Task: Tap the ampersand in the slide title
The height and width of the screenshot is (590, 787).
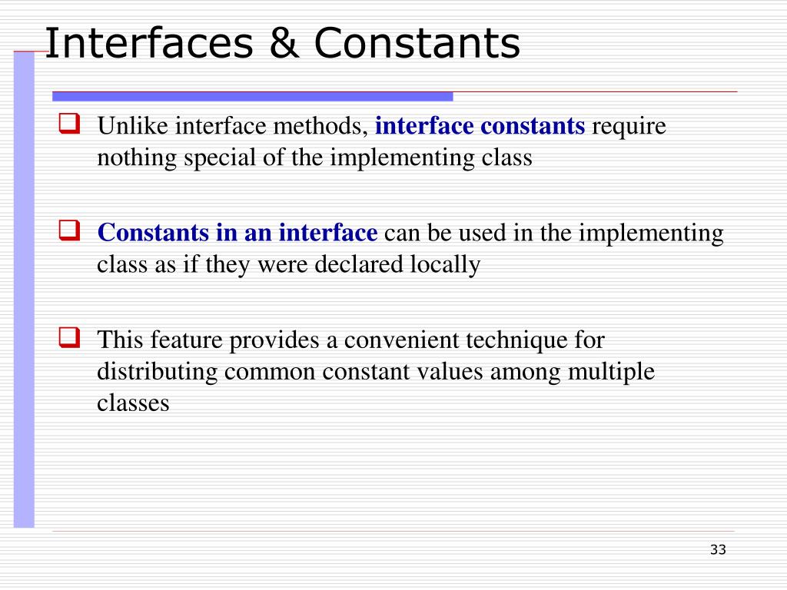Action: tap(283, 44)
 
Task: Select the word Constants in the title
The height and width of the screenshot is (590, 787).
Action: tap(417, 44)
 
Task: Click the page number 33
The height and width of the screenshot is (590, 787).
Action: tap(718, 549)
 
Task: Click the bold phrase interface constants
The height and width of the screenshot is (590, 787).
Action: tap(480, 126)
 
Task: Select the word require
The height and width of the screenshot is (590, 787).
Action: tap(629, 126)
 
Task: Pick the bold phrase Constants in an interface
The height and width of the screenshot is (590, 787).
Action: tap(237, 233)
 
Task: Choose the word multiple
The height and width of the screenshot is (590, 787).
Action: tap(612, 371)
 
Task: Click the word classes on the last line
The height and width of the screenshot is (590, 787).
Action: tap(132, 403)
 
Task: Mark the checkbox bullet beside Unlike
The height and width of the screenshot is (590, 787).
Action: tap(70, 123)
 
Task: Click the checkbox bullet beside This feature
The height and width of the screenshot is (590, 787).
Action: tap(70, 336)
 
